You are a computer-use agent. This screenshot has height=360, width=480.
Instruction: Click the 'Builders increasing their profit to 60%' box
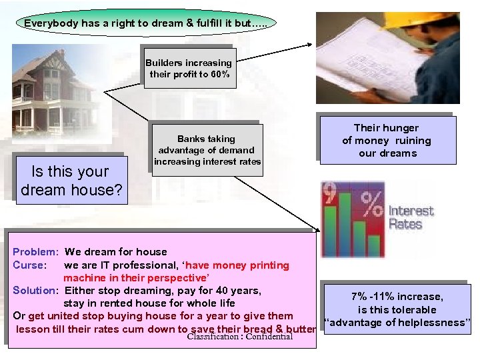click(x=189, y=68)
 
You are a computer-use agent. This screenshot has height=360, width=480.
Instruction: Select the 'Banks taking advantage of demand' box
click(x=207, y=150)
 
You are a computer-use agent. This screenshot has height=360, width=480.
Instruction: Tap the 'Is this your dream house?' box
click(x=71, y=181)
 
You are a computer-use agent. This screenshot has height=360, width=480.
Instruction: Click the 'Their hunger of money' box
click(x=387, y=140)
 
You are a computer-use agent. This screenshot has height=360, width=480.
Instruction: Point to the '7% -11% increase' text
click(x=397, y=297)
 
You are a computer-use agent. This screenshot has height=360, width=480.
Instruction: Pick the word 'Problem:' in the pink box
click(x=35, y=252)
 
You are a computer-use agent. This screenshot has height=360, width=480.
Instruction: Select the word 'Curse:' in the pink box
click(x=29, y=265)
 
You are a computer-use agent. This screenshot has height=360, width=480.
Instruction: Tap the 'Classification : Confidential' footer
click(x=240, y=337)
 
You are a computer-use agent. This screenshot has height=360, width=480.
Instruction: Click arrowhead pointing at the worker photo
click(x=310, y=45)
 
